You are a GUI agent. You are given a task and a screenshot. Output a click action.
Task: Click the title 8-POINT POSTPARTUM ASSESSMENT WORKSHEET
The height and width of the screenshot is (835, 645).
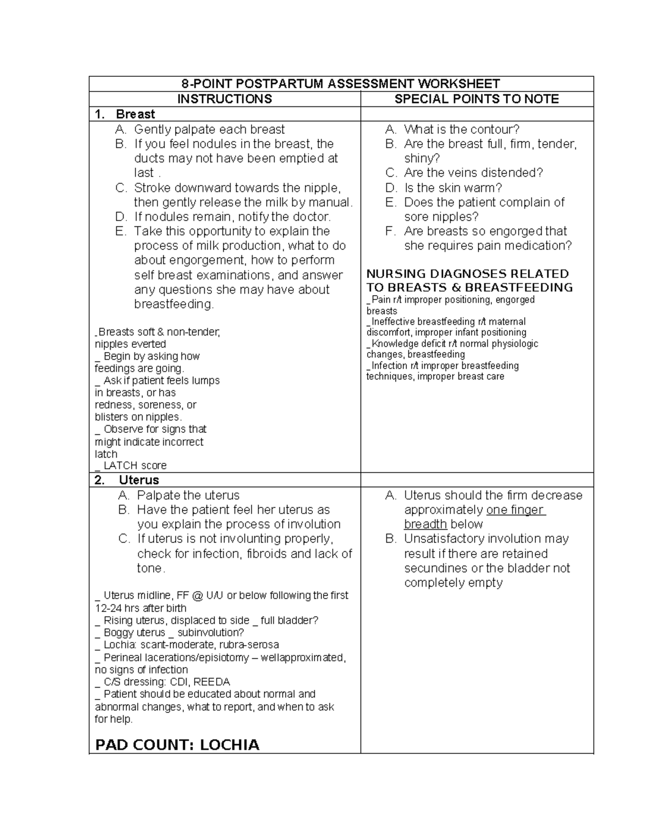[341, 84]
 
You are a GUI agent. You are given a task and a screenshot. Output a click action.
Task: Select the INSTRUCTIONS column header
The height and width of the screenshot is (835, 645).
[225, 99]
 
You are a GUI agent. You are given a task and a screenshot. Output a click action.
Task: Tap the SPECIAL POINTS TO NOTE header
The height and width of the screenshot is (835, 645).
[477, 99]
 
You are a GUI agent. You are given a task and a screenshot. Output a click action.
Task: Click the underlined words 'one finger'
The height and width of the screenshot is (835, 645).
[515, 510]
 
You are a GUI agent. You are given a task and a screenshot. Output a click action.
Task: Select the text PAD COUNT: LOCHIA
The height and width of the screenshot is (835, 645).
[177, 745]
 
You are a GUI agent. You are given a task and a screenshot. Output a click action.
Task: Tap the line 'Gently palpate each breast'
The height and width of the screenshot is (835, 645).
[209, 130]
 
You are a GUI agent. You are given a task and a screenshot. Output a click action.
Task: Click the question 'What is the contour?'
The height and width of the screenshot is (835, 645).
[462, 130]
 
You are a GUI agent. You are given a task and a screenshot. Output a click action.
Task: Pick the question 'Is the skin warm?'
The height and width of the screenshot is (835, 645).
[453, 188]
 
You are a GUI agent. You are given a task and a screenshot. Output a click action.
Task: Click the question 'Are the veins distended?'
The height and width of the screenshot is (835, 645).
[474, 173]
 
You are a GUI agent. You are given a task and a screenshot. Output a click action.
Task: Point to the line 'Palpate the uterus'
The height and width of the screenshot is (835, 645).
[188, 495]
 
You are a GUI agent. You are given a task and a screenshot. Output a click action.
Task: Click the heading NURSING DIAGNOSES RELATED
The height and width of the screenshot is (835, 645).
[468, 274]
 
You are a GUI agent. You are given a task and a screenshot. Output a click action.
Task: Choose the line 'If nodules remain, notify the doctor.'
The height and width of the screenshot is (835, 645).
[232, 217]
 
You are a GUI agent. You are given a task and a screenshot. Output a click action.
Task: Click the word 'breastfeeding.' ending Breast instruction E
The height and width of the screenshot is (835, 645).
[174, 304]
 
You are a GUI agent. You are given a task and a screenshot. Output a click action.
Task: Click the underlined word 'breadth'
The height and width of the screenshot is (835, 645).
[425, 524]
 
